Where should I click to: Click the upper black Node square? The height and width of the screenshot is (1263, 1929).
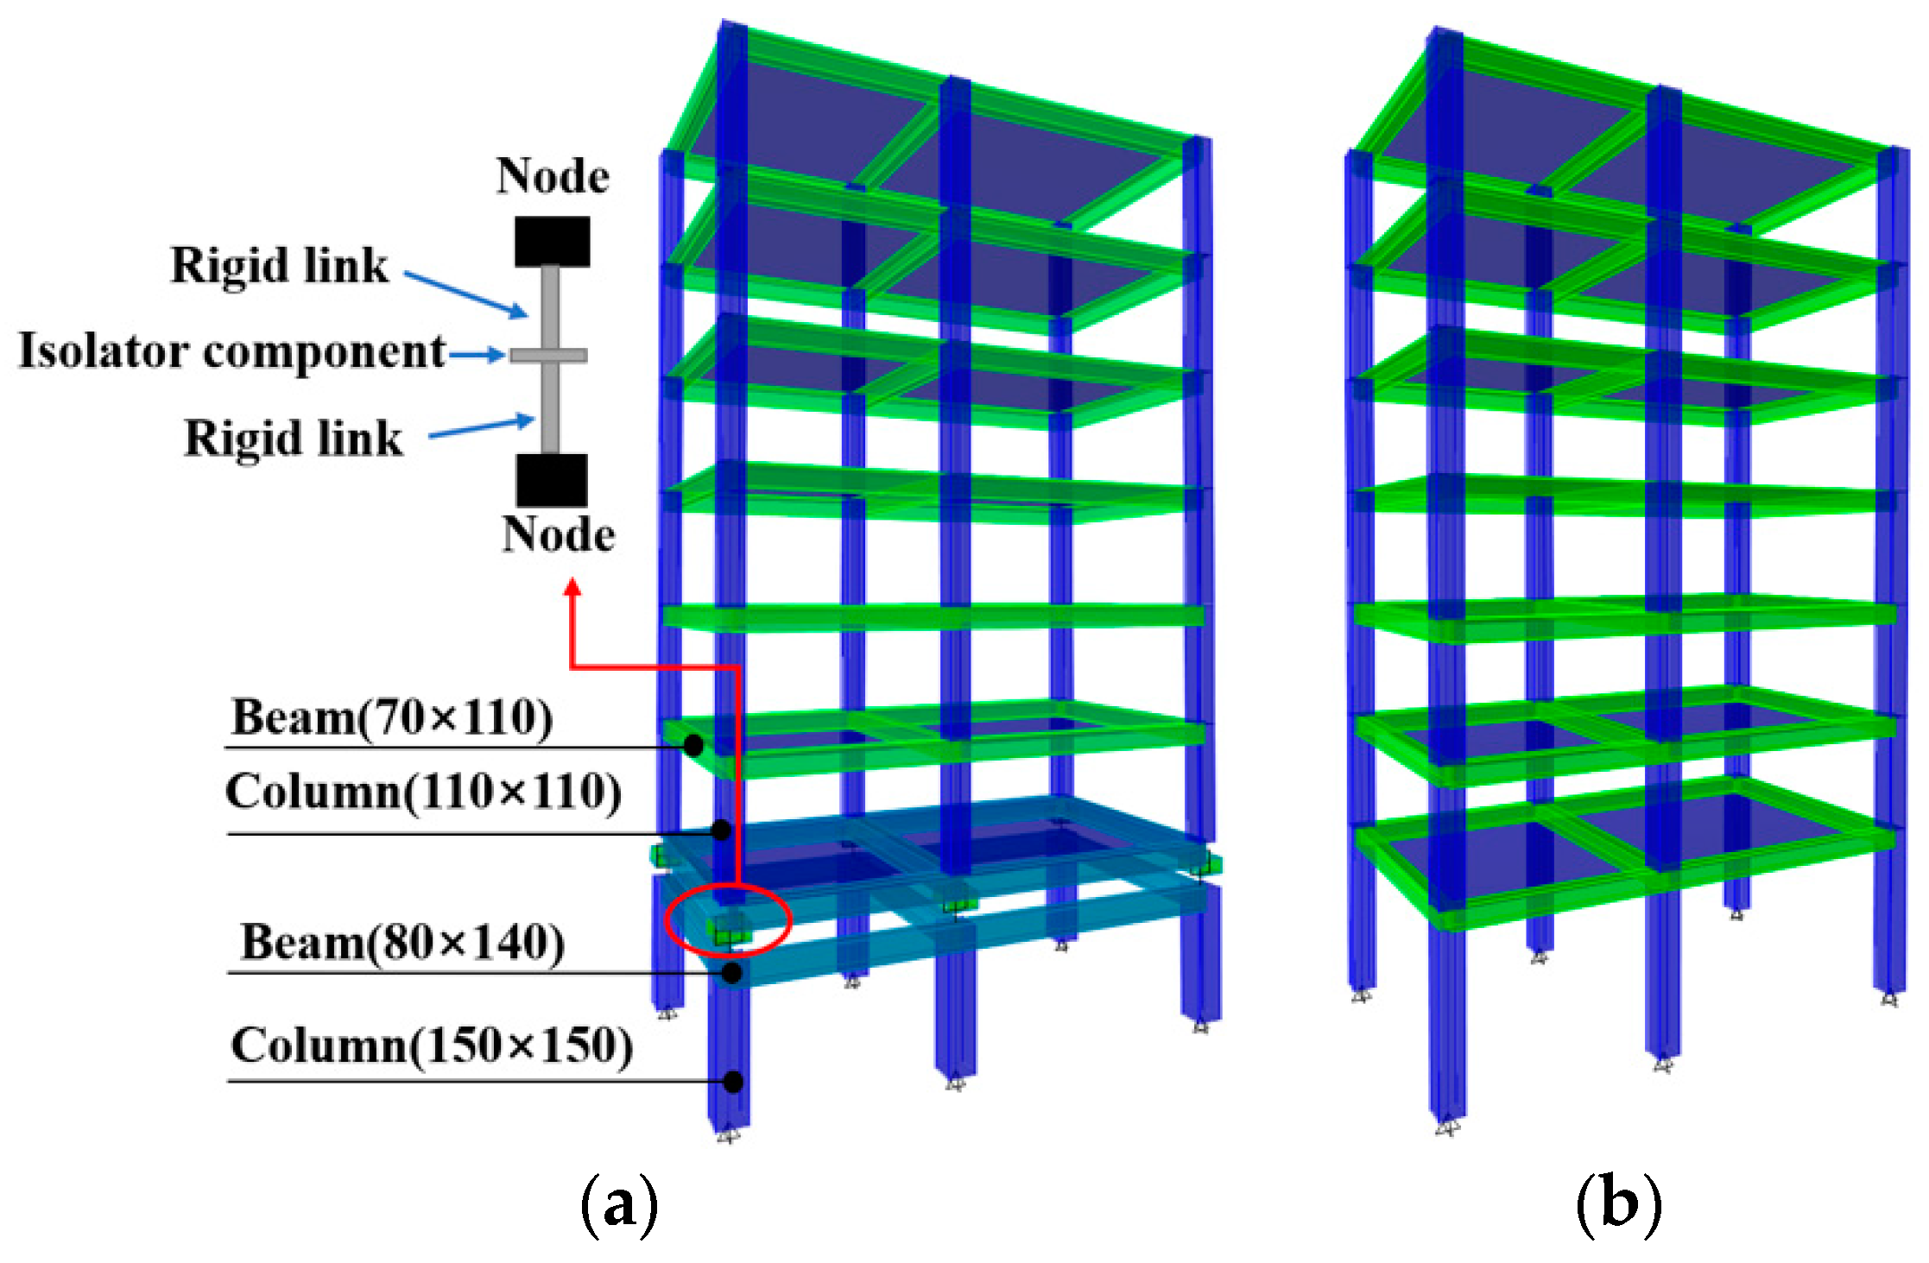click(553, 242)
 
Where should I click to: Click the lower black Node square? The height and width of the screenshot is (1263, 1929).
click(553, 480)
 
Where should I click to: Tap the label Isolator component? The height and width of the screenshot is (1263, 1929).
click(231, 351)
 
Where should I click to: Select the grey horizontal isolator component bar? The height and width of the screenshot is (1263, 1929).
click(549, 356)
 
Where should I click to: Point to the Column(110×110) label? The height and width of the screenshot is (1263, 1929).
click(423, 792)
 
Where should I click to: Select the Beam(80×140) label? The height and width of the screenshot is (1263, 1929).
click(402, 942)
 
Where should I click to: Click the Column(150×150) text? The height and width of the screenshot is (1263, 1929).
click(432, 1045)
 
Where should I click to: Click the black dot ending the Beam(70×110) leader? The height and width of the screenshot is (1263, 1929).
click(693, 745)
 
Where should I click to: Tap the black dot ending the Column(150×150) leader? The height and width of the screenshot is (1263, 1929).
click(733, 1082)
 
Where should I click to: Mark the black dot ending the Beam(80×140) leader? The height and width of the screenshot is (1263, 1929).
click(731, 973)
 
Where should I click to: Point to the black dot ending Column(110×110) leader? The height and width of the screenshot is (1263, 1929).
click(722, 830)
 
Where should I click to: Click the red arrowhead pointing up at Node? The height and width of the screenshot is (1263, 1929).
click(572, 588)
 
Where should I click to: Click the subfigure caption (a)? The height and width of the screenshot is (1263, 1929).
click(619, 1203)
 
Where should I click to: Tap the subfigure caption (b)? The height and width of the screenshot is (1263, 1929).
click(1618, 1203)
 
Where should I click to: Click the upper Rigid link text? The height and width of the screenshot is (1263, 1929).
click(279, 265)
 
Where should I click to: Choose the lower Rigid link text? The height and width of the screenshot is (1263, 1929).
click(294, 439)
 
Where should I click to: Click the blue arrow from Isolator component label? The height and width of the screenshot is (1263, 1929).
click(477, 355)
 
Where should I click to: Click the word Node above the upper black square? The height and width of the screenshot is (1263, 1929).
click(553, 176)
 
